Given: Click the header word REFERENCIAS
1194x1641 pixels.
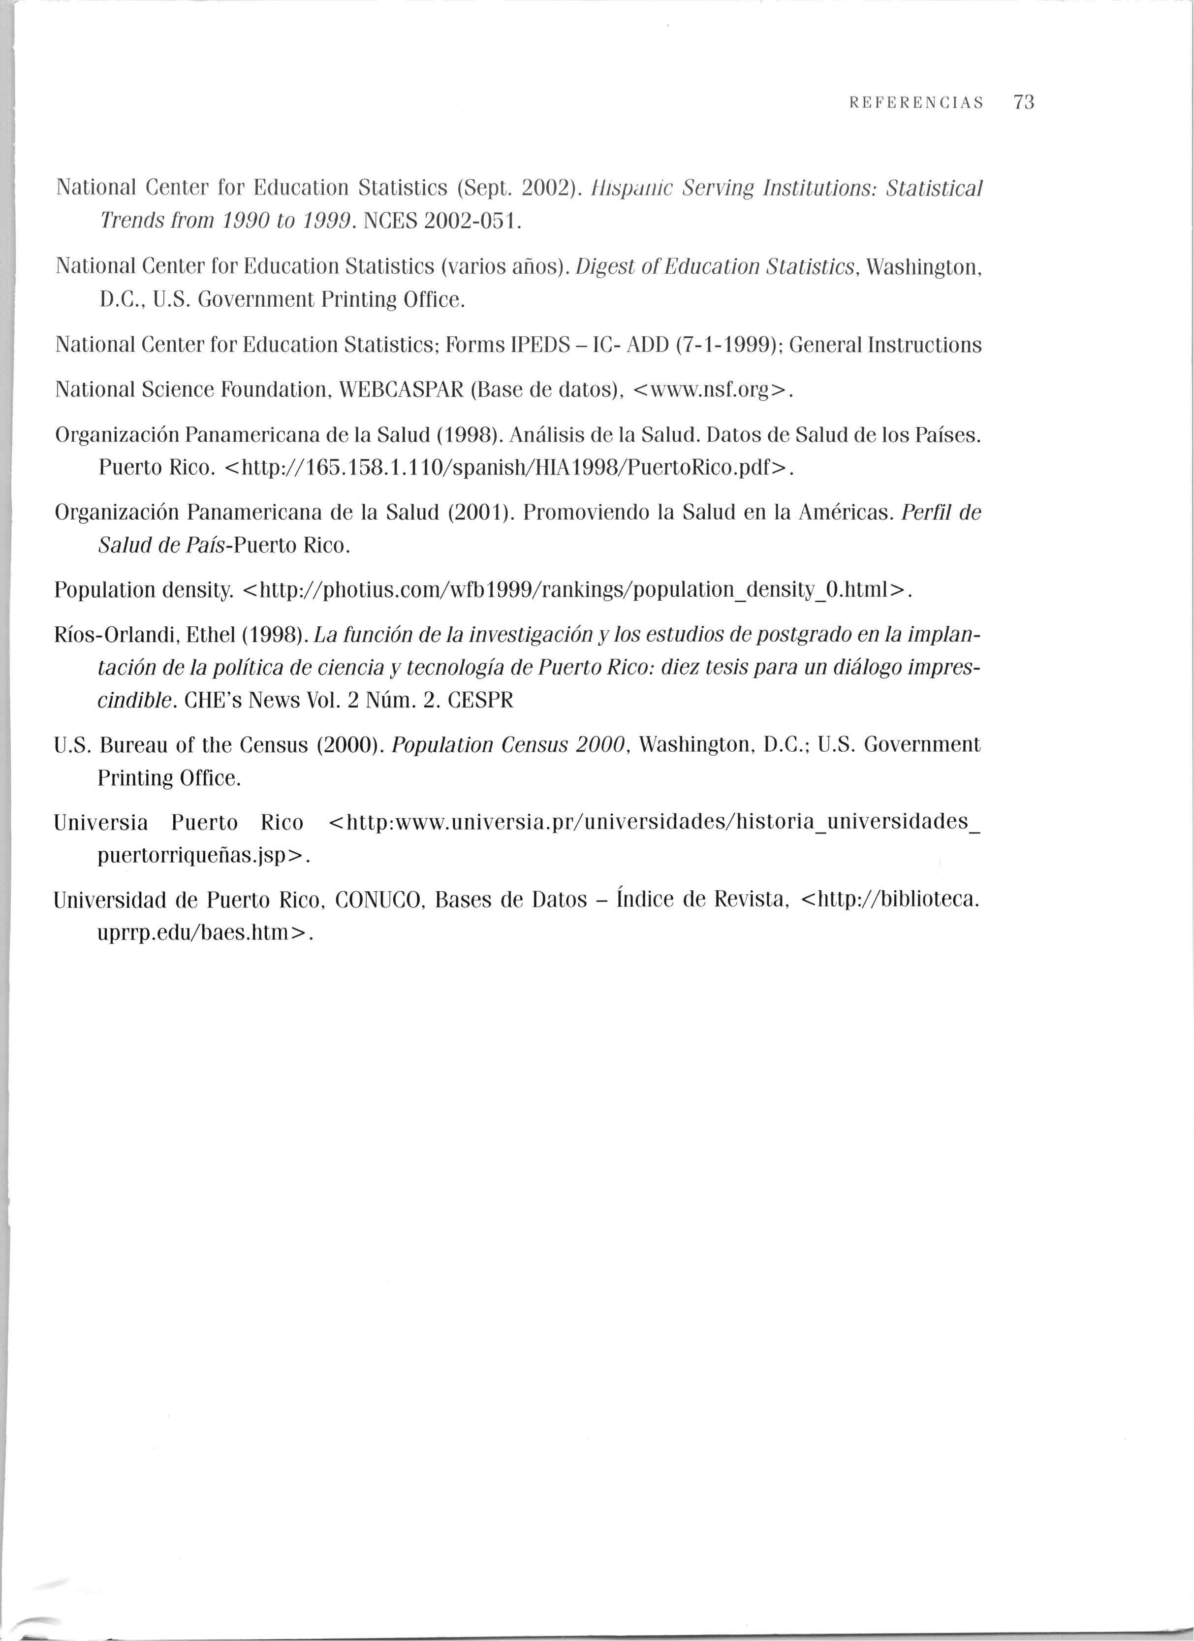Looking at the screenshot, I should (916, 103).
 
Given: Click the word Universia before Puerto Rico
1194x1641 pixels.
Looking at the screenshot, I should (101, 823).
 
